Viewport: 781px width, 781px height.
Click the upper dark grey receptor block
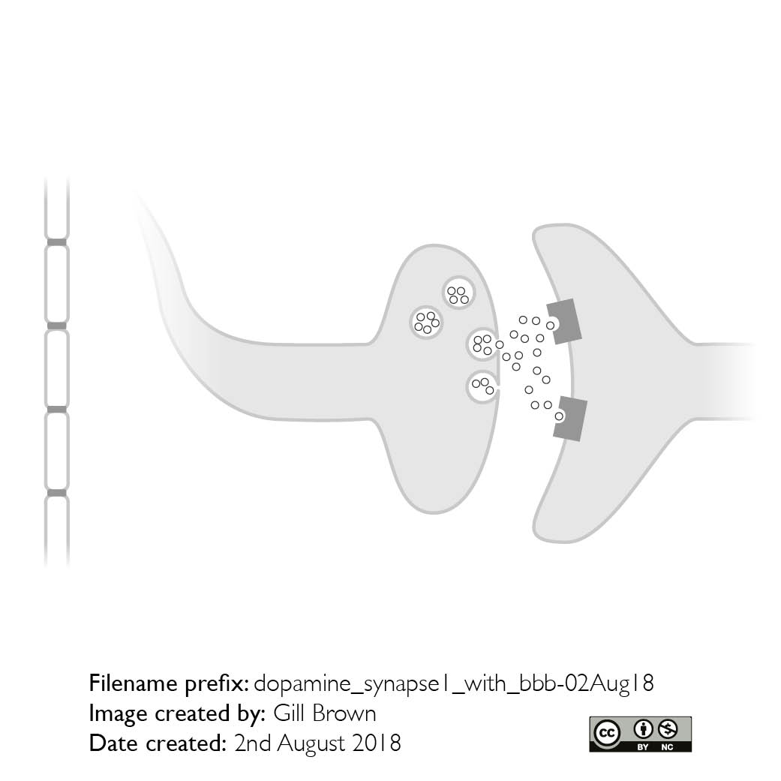(x=566, y=321)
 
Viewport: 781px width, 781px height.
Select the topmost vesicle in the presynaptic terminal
(x=458, y=293)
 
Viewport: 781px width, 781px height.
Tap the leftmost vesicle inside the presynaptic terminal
(x=426, y=323)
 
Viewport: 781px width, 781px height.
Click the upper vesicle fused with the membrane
(x=482, y=344)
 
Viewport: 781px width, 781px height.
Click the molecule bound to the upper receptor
(x=551, y=326)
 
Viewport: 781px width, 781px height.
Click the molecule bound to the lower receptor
(x=560, y=416)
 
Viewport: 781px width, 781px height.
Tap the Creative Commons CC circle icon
(x=607, y=733)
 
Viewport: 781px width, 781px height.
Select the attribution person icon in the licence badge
(x=643, y=730)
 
